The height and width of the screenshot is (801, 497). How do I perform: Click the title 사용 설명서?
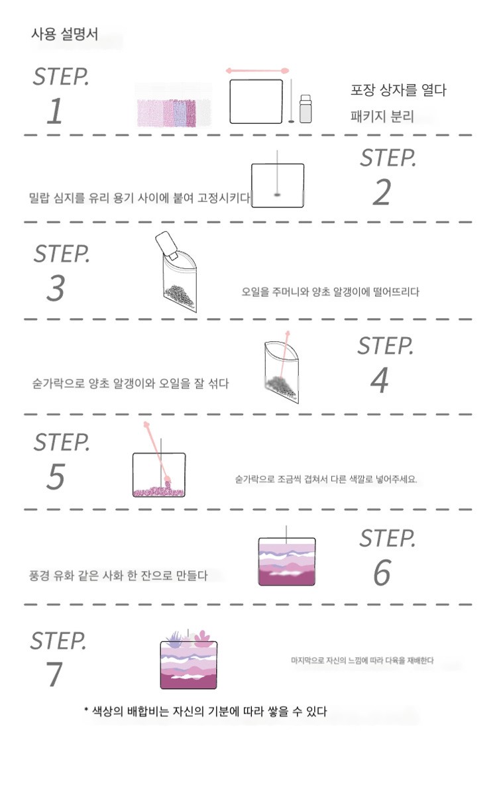[x=64, y=34]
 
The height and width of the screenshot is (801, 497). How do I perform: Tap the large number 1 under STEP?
[x=56, y=111]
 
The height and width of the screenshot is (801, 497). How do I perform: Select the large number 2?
[x=382, y=192]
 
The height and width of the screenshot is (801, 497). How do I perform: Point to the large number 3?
[x=56, y=288]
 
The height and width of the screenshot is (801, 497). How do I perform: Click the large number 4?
[x=380, y=380]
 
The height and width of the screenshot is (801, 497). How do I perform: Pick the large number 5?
[x=56, y=476]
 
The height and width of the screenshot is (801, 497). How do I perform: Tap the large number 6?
[x=382, y=572]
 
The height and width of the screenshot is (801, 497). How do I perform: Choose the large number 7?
[x=54, y=674]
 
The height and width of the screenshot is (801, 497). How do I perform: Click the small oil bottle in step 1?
[x=305, y=109]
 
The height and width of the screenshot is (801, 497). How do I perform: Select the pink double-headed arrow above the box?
[x=257, y=71]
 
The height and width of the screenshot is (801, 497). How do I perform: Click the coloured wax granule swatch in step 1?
[x=174, y=113]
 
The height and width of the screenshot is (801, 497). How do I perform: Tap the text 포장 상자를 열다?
[x=398, y=89]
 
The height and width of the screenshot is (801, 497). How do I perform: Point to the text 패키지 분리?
[x=382, y=116]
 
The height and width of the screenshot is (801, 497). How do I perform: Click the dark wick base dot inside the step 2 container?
[x=277, y=195]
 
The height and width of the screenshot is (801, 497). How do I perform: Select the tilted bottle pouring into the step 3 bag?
[x=166, y=245]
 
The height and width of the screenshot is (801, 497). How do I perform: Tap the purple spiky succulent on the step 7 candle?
[x=174, y=639]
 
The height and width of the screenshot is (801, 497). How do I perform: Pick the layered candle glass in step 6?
[x=287, y=561]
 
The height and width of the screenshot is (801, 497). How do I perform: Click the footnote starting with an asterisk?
[x=205, y=712]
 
